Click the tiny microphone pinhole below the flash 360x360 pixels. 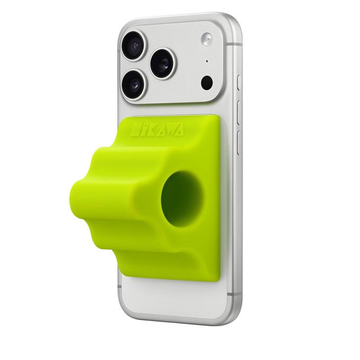pos(207,61)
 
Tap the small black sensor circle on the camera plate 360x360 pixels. pos(207,82)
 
